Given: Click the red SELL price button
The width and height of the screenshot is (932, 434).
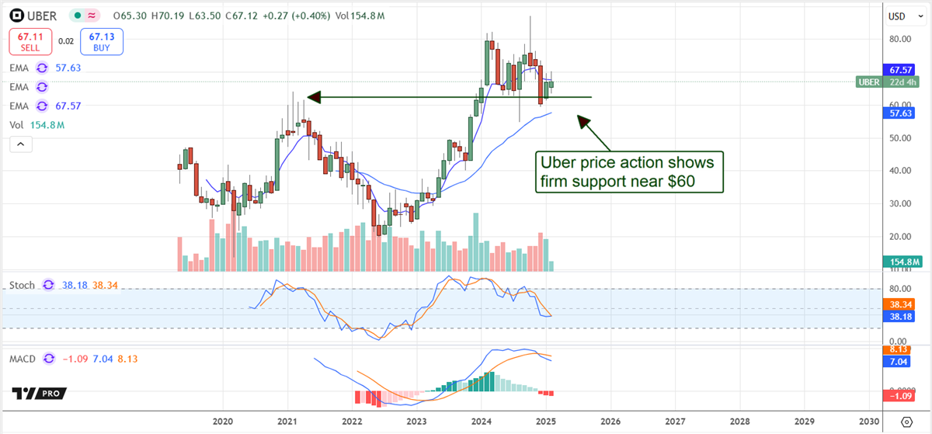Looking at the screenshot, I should point(30,40).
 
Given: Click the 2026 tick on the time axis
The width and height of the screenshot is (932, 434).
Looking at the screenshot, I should point(610,420).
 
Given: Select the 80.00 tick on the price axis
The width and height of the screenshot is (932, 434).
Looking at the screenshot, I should point(900,39).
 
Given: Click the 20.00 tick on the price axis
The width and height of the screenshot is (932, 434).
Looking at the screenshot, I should point(900,236).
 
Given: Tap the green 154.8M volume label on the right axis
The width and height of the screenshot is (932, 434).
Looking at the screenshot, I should point(906,264).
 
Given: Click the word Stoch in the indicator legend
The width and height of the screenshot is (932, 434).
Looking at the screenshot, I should point(22,285).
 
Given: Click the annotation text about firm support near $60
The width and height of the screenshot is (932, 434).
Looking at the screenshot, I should point(631,172).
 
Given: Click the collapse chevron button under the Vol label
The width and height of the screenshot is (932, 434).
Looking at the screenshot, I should point(19,144).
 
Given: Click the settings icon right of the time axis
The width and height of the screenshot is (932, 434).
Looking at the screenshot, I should point(906,421).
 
